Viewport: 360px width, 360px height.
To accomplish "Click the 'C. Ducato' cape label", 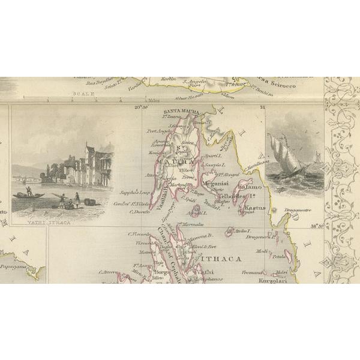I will point(139,211).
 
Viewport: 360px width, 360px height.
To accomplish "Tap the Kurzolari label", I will point(269,280).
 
